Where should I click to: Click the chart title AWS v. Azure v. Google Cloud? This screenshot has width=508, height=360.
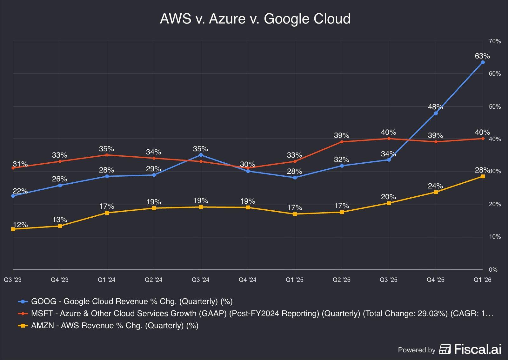click(255, 19)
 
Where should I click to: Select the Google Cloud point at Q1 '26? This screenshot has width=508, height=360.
click(483, 62)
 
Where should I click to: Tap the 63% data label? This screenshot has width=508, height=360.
click(482, 56)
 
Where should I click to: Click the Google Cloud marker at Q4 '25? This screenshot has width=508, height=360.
click(436, 113)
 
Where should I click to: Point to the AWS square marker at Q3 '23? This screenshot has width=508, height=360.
click(13, 229)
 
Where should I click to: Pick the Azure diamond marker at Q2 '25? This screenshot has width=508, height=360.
click(342, 142)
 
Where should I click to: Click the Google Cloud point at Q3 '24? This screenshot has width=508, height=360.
click(201, 155)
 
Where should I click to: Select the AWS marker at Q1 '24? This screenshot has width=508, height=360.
click(107, 213)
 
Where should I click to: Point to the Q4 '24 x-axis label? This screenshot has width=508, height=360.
click(248, 280)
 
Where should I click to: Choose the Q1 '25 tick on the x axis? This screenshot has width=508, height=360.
click(295, 280)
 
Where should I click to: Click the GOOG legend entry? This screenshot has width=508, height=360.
click(132, 301)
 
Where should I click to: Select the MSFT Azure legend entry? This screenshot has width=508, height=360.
click(262, 314)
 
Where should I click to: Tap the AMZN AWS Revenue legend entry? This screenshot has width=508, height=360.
click(114, 326)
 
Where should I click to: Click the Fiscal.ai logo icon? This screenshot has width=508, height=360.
click(445, 349)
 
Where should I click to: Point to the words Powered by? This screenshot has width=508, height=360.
click(417, 350)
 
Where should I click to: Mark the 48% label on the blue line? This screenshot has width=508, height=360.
click(435, 107)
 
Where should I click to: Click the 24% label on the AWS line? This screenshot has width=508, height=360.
click(435, 186)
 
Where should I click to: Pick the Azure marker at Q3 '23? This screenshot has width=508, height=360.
click(13, 168)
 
